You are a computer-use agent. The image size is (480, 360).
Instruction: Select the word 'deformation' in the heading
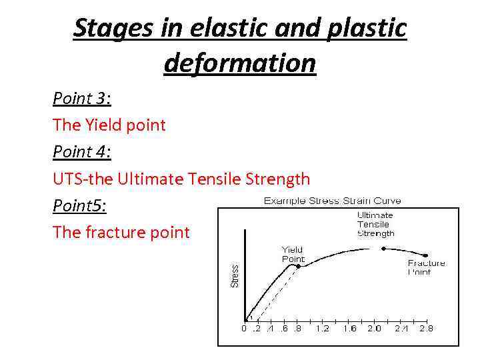[x=239, y=63]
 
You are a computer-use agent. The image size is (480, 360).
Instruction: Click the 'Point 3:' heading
[x=81, y=99]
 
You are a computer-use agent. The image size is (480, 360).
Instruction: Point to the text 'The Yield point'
[x=109, y=125]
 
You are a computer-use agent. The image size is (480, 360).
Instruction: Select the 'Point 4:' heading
[x=81, y=152]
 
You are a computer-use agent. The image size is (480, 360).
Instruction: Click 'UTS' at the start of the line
[x=67, y=179]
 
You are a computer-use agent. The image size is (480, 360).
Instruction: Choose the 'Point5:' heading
[x=79, y=206]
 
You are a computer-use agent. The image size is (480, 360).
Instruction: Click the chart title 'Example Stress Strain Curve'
[x=332, y=201]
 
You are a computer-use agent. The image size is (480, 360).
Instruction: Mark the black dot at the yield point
[x=299, y=266]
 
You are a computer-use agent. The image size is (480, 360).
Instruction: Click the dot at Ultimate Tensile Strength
[x=383, y=249]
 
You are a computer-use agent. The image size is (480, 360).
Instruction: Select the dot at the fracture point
[x=426, y=254]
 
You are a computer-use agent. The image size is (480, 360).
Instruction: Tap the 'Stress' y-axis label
[x=235, y=276]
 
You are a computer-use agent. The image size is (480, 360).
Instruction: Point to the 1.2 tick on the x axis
[x=323, y=329]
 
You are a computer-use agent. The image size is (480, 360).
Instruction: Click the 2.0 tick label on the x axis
[x=373, y=329]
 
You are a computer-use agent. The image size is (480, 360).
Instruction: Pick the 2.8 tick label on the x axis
[x=425, y=329]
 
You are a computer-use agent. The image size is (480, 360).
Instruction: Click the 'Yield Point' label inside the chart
[x=293, y=254]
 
